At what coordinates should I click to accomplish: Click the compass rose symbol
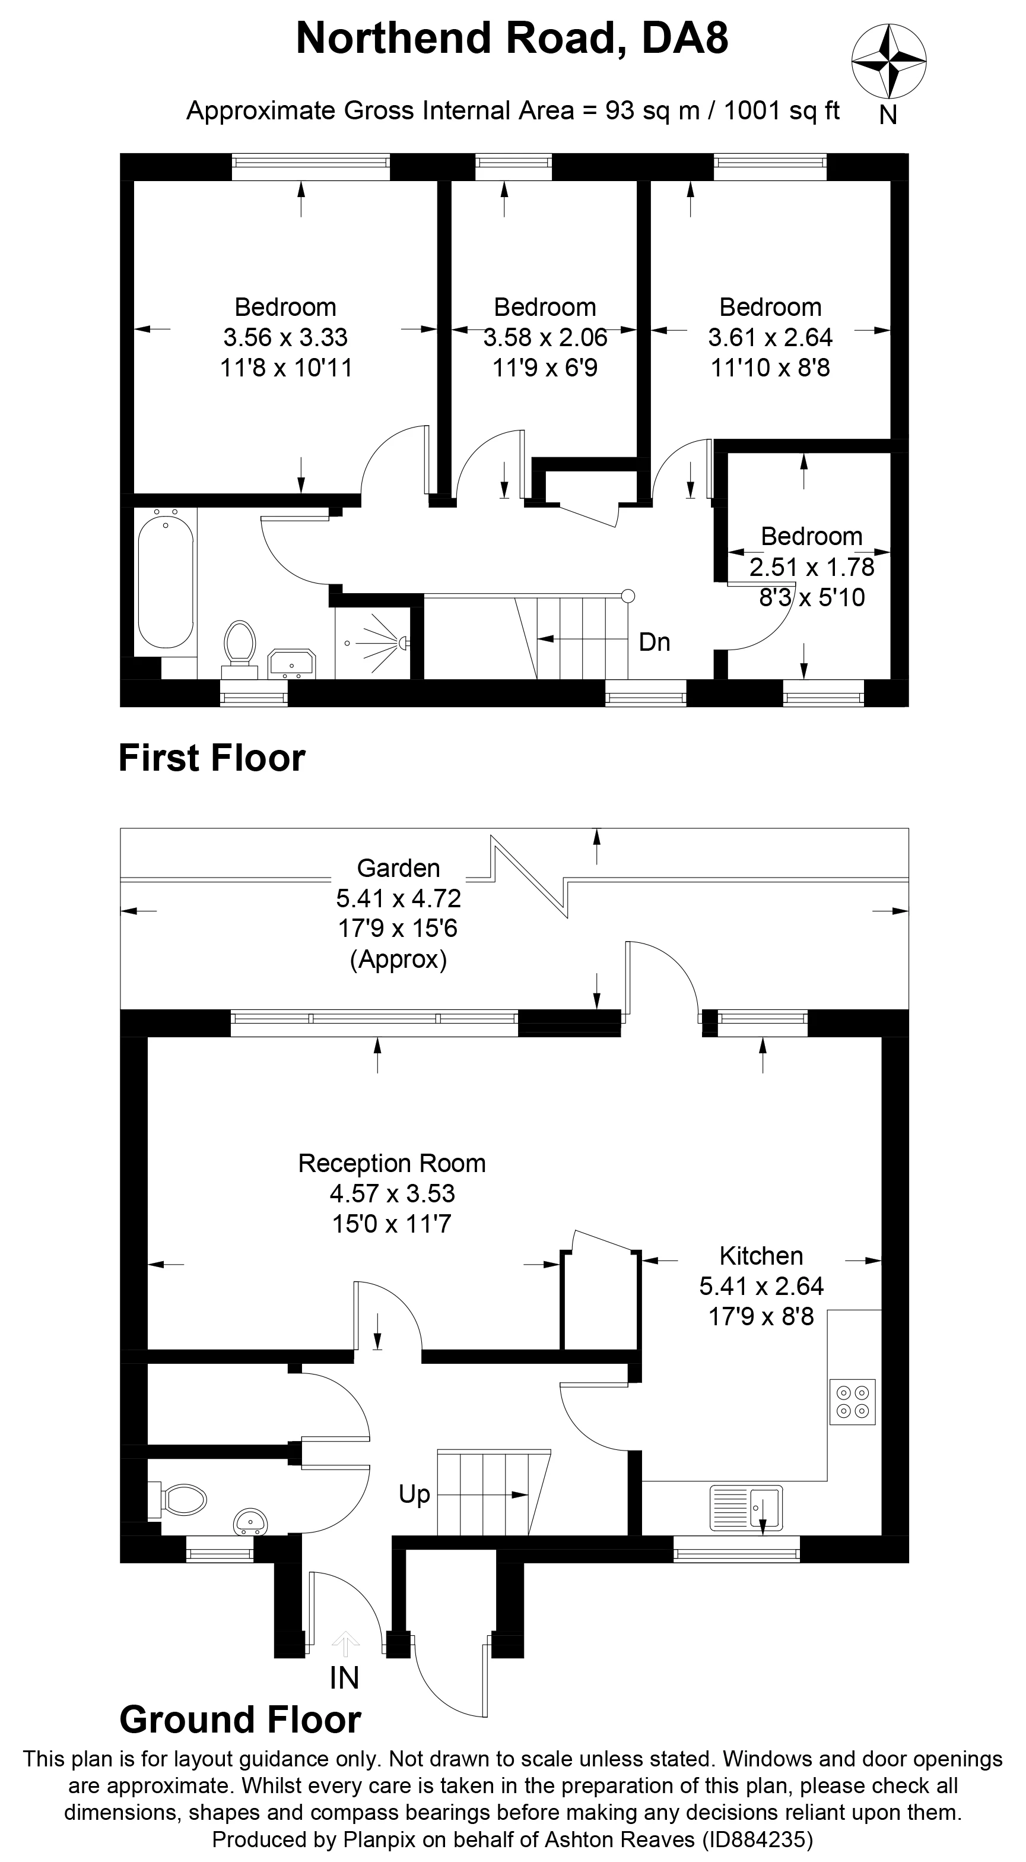(x=889, y=61)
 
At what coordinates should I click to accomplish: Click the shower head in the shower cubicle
(x=403, y=641)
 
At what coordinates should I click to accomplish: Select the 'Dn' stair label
(x=654, y=642)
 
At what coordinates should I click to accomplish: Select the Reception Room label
(x=392, y=1163)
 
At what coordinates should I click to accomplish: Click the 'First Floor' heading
(x=212, y=758)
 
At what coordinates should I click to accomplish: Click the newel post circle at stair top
(x=628, y=596)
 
